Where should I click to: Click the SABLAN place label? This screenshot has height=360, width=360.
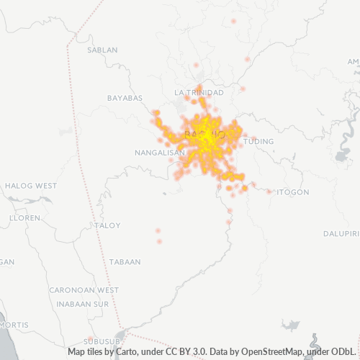click(102, 50)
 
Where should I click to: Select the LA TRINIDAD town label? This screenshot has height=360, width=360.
click(199, 93)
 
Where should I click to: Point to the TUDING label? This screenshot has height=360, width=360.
click(259, 142)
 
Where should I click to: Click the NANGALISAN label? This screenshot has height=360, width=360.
click(160, 153)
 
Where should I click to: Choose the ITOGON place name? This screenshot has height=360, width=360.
click(293, 192)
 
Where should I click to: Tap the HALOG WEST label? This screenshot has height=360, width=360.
click(30, 186)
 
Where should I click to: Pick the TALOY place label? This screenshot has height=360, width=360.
click(108, 225)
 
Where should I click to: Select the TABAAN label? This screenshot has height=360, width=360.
click(125, 262)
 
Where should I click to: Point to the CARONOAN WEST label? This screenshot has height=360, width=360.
click(84, 290)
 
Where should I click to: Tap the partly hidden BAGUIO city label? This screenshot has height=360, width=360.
click(206, 135)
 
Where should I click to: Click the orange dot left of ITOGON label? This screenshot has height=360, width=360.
click(270, 192)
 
